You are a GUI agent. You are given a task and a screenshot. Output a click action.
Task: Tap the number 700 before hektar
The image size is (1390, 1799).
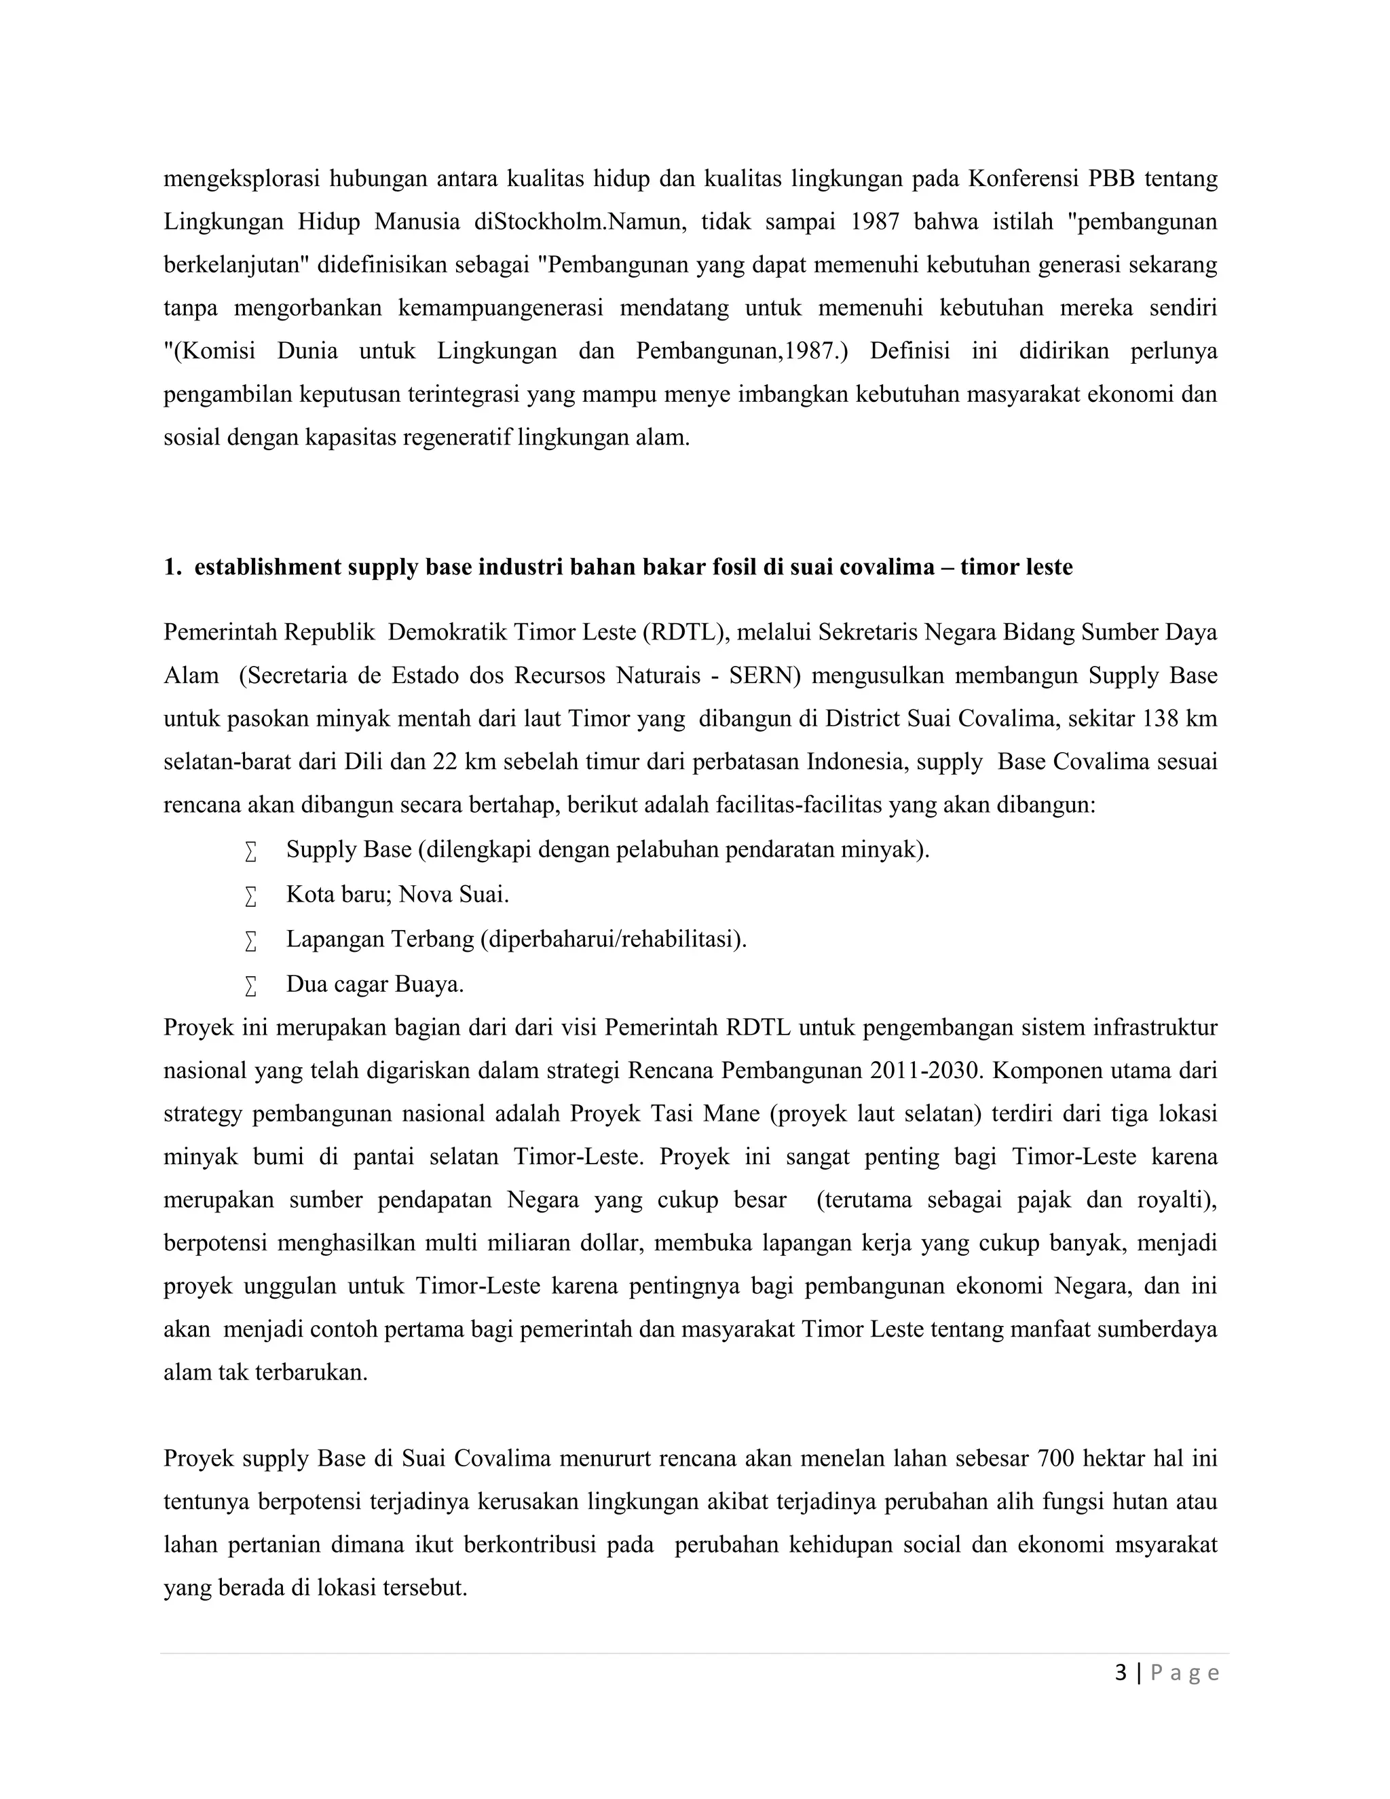coord(1055,1458)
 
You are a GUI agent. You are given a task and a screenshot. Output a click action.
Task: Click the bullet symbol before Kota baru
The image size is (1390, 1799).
coord(250,895)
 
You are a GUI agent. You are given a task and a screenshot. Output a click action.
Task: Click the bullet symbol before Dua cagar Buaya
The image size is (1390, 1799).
coord(250,985)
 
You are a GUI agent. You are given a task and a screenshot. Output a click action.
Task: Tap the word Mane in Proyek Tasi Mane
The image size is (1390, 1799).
coord(731,1113)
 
